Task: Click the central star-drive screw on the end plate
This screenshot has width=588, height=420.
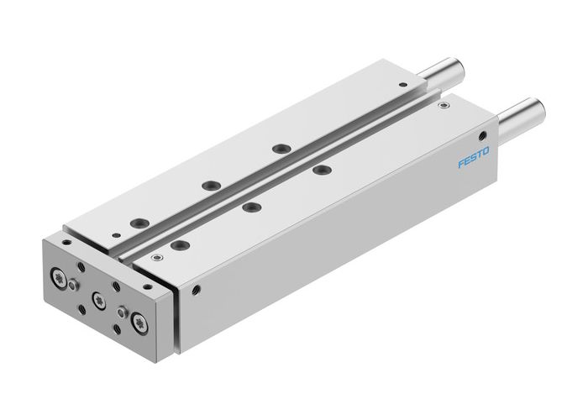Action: pos(98,298)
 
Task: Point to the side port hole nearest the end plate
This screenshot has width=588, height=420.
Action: pos(197,291)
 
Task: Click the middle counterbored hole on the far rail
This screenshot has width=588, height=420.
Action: pos(209,185)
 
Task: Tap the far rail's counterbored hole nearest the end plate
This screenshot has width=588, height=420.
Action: pos(139,222)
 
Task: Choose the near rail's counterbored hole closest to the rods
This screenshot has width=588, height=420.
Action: pos(320,171)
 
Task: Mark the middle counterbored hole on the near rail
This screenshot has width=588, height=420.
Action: pos(249,207)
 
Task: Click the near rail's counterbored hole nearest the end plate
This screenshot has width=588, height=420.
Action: pos(178,244)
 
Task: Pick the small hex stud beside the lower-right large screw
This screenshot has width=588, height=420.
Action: pos(122,312)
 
